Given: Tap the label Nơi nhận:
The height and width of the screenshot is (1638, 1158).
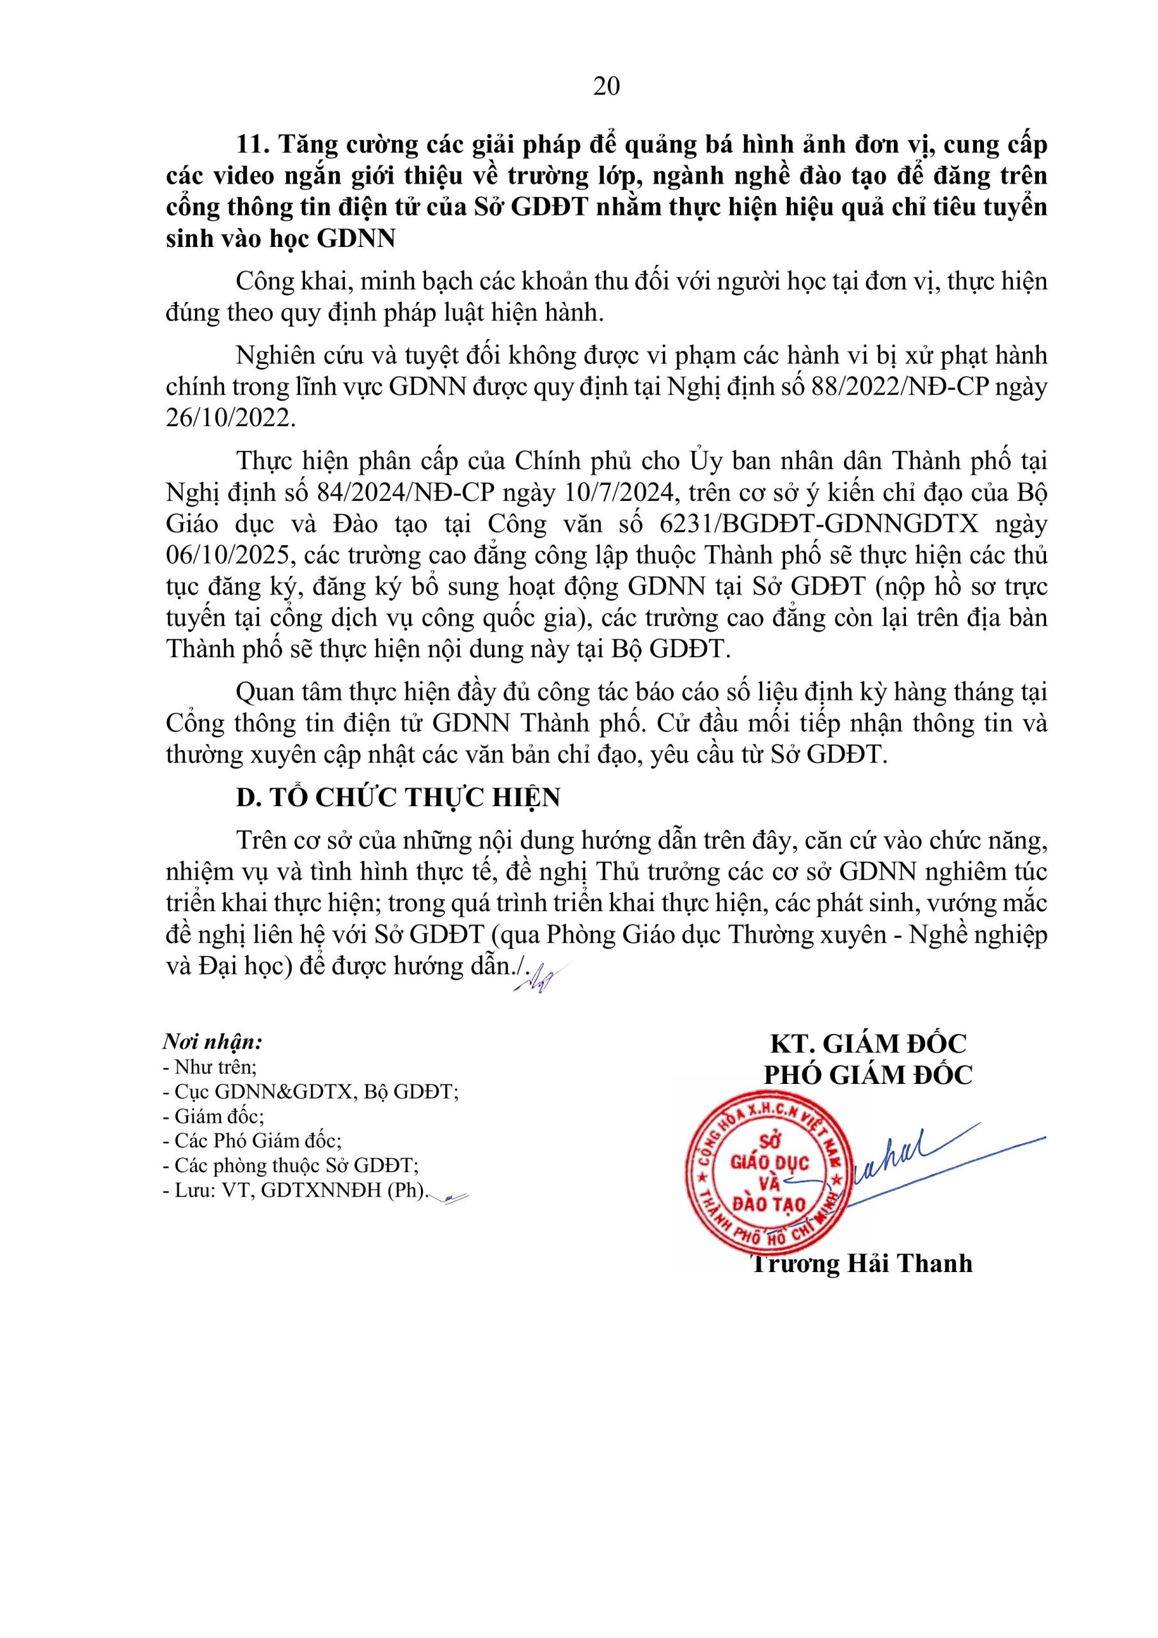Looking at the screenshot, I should pyautogui.click(x=212, y=1042).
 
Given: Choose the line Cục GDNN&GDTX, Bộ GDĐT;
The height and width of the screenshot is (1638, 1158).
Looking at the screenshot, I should pyautogui.click(x=310, y=1092).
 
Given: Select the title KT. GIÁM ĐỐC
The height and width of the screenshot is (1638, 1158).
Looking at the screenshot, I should pyautogui.click(x=868, y=1044).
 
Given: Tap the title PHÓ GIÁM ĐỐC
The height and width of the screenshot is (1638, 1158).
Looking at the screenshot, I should pyautogui.click(x=868, y=1075).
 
